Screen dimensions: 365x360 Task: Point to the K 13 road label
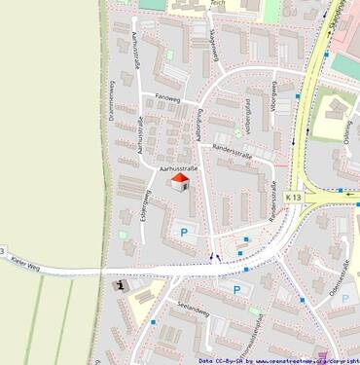coord(294,198)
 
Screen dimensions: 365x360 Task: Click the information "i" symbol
coord(120,285)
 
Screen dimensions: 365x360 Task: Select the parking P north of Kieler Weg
coord(184,233)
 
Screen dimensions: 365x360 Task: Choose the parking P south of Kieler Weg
coord(235,289)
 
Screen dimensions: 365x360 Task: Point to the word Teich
coord(218,5)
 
